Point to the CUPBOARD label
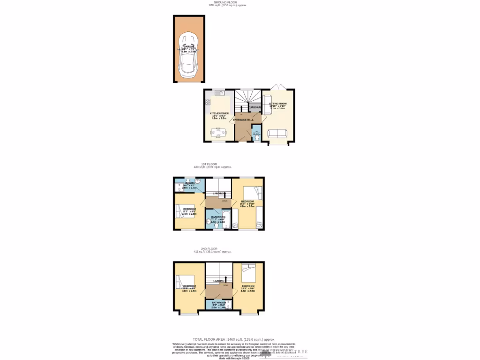coord(255,108)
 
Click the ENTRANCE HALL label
coord(243,120)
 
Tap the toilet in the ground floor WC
coord(256,138)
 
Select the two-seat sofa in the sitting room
coord(278,134)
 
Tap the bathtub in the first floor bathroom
coord(225,218)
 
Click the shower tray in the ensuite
coord(180,188)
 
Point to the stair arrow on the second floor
coord(226,280)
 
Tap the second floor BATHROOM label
coord(218,302)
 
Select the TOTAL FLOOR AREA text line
coord(234,339)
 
